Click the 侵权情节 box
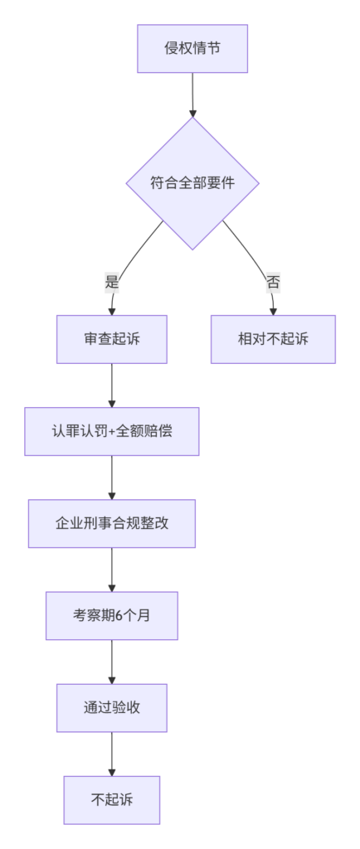192,48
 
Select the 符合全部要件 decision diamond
192,183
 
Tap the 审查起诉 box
111,339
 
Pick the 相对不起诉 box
273,339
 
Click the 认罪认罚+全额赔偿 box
111,431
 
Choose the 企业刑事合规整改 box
111,524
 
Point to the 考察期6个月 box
111,616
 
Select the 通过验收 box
111,708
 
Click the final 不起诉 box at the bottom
111,800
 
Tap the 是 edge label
111,282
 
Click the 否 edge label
273,282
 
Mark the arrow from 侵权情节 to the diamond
192,95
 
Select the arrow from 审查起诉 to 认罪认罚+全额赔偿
111,386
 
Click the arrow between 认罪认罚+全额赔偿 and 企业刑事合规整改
111,478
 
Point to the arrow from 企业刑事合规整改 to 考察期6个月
111,570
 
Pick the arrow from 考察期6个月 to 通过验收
111,662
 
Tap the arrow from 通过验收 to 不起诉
111,754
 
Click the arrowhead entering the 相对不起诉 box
273,312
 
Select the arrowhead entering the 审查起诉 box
111,312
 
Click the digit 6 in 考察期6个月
119,616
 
